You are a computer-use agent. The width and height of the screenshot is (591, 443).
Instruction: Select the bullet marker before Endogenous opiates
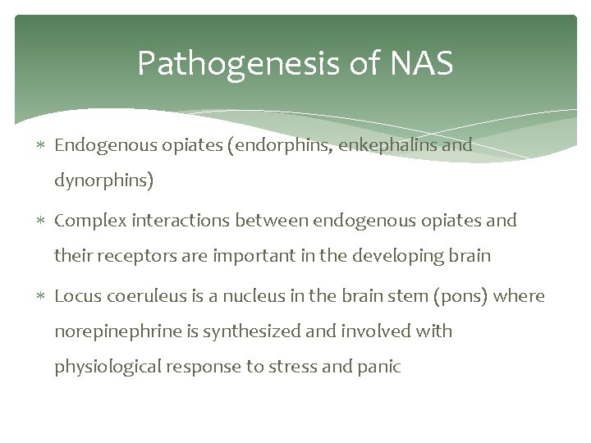pyautogui.click(x=42, y=146)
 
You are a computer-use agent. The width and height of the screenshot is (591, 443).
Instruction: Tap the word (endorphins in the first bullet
pyautogui.click(x=277, y=145)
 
